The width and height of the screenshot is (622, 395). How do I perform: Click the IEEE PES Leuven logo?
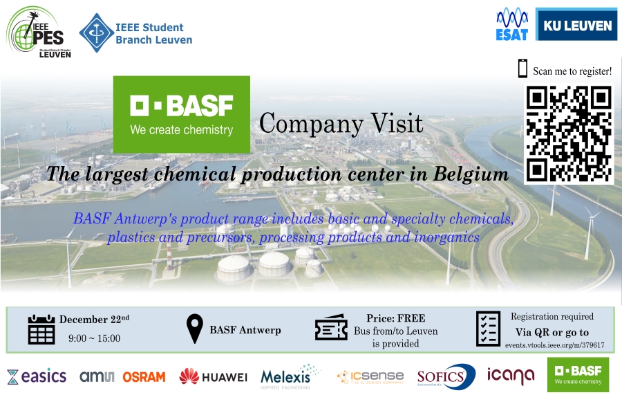pos(39,32)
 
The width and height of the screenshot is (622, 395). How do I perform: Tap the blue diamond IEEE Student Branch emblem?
pos(96,33)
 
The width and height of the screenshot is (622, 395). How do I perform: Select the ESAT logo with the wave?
pos(512,25)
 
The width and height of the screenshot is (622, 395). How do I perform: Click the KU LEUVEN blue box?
pos(576,25)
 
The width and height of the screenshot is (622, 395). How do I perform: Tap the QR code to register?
pos(569,134)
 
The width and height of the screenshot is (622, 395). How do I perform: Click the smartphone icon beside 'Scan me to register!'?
pos(522,68)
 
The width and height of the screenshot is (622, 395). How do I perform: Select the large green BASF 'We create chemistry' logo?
pos(182,114)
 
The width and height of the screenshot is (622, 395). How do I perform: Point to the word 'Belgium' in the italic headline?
pos(471,174)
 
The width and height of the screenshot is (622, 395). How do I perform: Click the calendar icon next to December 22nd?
pos(41,329)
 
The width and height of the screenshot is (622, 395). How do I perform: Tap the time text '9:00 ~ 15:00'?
pos(95,338)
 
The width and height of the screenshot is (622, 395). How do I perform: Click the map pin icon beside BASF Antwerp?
pos(195,329)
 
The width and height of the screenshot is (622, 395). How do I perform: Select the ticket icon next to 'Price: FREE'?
pos(331,327)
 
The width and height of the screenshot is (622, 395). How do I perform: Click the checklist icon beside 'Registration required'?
pos(489,329)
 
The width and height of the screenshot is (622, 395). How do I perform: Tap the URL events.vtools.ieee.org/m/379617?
pos(554,345)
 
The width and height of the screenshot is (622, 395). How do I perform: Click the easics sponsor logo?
pos(37,376)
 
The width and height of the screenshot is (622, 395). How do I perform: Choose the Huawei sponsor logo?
pos(213,377)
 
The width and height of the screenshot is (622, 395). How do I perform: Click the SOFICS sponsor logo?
pos(446,376)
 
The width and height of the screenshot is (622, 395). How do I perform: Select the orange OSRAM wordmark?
pos(144,377)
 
